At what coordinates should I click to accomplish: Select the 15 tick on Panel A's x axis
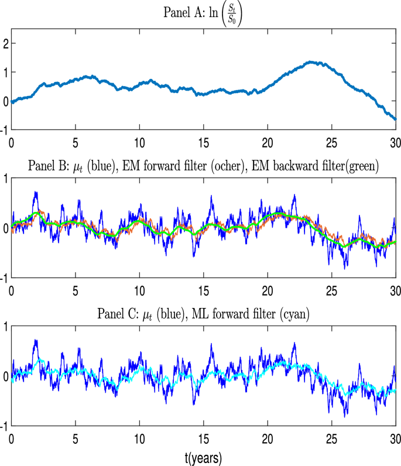coord(203,142)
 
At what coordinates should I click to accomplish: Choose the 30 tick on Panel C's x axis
coord(395,438)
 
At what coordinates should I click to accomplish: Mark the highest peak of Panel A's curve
coord(311,61)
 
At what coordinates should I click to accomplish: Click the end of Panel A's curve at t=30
coord(395,119)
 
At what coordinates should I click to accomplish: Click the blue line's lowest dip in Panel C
coord(345,416)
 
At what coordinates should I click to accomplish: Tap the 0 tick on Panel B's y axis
coord(6,228)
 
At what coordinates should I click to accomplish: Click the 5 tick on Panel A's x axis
coord(75,142)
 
